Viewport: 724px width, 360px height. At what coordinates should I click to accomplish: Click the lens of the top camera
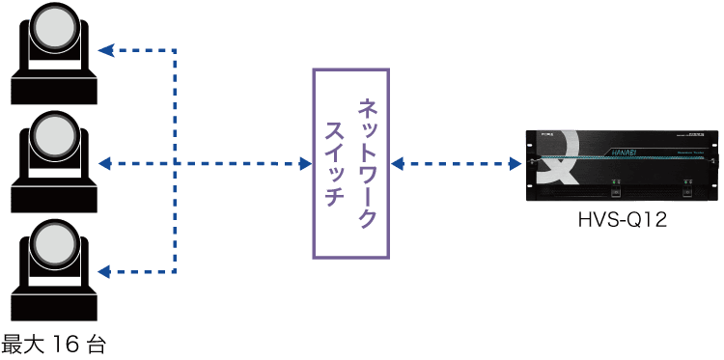pyautogui.click(x=53, y=32)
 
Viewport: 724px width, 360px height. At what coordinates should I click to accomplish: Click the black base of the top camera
pyautogui.click(x=53, y=86)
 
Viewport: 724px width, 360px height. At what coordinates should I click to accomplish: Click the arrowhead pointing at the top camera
pyautogui.click(x=105, y=49)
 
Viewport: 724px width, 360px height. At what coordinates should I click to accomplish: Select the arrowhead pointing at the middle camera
pyautogui.click(x=105, y=164)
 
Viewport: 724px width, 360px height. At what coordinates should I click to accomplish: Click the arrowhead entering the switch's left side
pyautogui.click(x=305, y=164)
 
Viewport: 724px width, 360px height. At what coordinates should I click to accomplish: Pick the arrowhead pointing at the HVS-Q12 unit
pyautogui.click(x=515, y=164)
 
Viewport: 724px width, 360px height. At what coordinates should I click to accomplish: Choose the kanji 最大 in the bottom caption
pyautogui.click(x=23, y=344)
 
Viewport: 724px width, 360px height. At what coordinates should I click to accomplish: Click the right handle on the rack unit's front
pyautogui.click(x=685, y=190)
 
